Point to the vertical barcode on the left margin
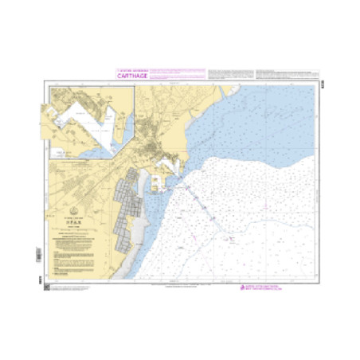[40, 260]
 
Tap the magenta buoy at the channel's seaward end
[231, 237]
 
